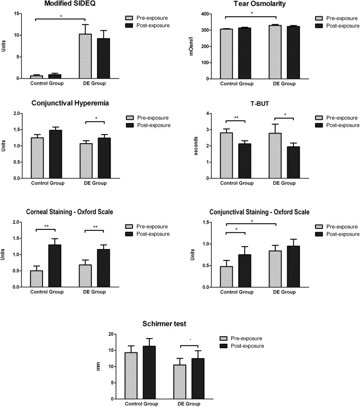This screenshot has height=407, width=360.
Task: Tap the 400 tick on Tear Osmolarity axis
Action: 210,14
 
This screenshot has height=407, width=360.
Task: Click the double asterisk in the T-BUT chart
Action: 236,117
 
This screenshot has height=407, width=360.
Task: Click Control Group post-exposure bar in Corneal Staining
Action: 55,266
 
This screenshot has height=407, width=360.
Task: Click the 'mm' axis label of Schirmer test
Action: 100,367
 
